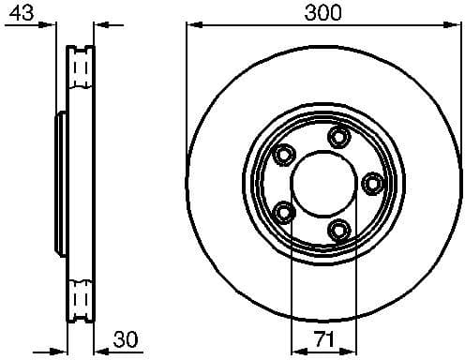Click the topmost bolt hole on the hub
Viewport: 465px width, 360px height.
pyautogui.click(x=337, y=138)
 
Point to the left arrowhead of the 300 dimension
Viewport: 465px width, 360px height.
pyautogui.click(x=194, y=24)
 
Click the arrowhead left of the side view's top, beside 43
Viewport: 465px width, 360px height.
pyautogui.click(x=58, y=24)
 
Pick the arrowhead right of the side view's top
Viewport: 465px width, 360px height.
pyautogui.click(x=104, y=24)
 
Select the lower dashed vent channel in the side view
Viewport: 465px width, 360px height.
pyautogui.click(x=81, y=298)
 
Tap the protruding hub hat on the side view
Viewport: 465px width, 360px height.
pyautogui.click(x=60, y=183)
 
